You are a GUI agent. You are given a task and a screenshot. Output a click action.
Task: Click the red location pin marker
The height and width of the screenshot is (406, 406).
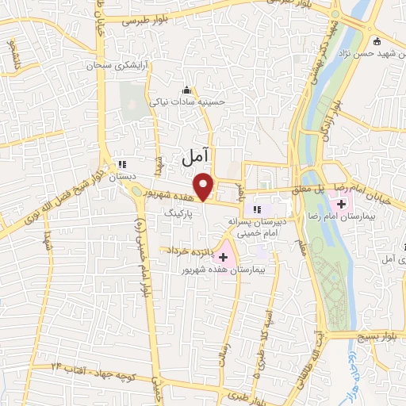coord(205,186)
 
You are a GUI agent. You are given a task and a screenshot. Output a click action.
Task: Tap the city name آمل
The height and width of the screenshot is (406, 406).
coord(193,157)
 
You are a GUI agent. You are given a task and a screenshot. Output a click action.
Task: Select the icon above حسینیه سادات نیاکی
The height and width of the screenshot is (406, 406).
coord(187,89)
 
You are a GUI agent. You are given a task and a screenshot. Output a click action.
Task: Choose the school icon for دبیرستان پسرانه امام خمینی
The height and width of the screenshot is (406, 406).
coord(256,209)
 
